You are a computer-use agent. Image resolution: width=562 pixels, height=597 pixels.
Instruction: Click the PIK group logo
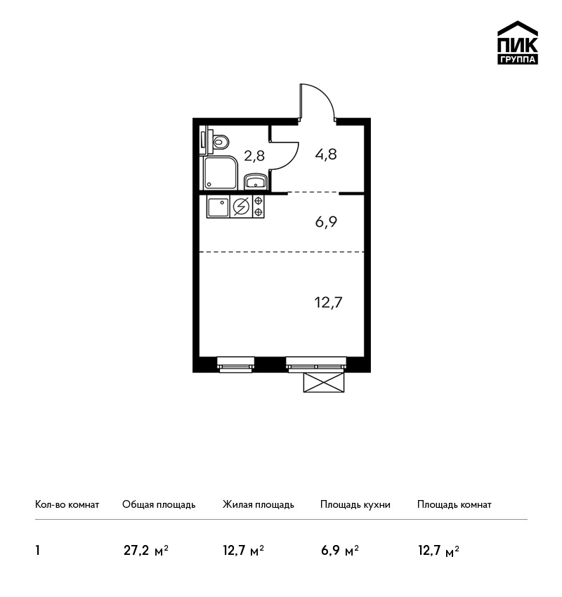pos(518,43)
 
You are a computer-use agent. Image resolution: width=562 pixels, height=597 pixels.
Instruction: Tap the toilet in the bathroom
pos(219,142)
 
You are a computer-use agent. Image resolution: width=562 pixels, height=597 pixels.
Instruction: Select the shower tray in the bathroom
pos(221,173)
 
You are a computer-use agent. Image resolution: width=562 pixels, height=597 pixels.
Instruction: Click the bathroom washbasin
pos(256,181)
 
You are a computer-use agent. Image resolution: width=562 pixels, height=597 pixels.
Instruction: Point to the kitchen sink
pos(218,206)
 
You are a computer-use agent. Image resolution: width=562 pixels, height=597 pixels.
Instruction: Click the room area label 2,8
pos(254,156)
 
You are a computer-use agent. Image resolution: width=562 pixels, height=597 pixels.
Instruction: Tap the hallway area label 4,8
pos(326,155)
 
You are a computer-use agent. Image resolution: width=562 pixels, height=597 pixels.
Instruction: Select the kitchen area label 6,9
pos(326,221)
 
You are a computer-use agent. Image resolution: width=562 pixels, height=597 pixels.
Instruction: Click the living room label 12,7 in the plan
pos(328,303)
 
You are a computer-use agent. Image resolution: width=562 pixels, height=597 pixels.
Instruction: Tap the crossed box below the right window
pos(324,382)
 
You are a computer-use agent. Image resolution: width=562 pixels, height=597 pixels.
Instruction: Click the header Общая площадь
pos(159,504)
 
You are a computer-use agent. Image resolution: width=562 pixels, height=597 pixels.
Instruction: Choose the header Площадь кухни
pos(355,504)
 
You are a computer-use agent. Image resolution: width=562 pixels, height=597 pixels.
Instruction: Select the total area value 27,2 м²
pos(146,551)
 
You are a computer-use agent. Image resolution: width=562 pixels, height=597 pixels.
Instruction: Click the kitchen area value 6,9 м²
pos(340,551)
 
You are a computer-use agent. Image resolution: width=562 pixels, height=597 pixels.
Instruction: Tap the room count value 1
pos(37,551)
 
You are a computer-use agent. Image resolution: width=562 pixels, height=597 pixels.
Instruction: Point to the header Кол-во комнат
pos(67,504)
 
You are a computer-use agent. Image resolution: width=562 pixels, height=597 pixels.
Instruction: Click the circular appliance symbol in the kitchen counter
pos(241,206)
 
